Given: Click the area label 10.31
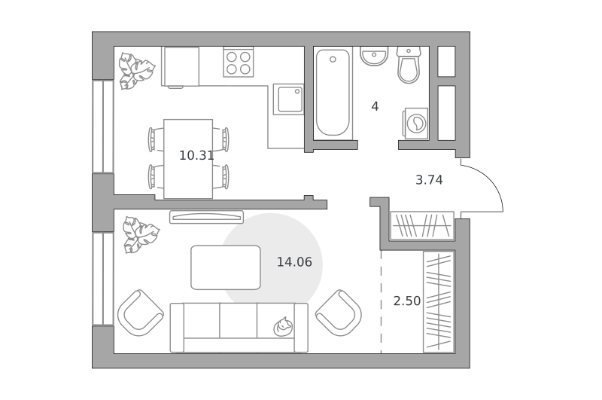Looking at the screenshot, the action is pos(196,156).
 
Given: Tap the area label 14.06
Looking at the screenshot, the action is pos(294,262).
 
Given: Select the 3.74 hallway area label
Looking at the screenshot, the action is pos(429,180).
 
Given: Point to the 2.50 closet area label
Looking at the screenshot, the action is pos(407,301).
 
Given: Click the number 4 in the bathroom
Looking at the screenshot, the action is pos(375,106).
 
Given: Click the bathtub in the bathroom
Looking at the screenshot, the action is pos(333,93).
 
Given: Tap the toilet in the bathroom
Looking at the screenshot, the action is pos(409,65).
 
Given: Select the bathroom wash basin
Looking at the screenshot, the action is pos(374,56).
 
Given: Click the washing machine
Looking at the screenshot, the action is pos(415,124).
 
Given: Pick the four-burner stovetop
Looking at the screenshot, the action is pos(238,63).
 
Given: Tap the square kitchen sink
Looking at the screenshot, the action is pos(288,99).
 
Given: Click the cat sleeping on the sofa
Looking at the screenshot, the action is pos(283,327).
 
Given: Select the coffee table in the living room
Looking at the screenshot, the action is pos(226,267).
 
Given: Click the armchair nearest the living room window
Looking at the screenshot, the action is pos(141,313).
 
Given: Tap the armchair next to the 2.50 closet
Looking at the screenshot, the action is pos(339,313).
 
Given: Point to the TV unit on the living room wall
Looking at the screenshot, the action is pos(206,217).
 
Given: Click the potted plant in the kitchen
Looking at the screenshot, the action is pos(136,71).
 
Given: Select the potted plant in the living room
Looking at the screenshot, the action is pos(141,235).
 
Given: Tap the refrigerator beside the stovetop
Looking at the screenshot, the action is pos(181,67).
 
